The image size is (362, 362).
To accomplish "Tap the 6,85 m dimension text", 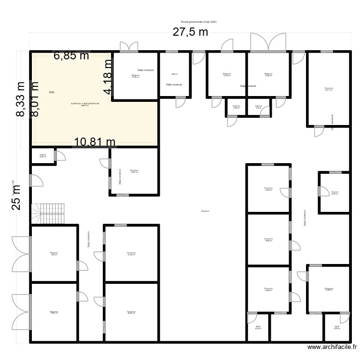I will pos(71,56).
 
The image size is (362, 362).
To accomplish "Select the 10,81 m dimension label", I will pos(95,142).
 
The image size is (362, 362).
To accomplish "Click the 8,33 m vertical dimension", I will pos(20,99).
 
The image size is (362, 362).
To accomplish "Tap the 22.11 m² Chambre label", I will pos(329,89).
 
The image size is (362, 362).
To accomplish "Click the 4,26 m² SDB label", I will pos(258,328).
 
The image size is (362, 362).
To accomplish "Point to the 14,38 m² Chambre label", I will pos(268,189).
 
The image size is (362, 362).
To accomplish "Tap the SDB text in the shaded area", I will pos(52,92).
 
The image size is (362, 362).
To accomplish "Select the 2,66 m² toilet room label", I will pos(43,156).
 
